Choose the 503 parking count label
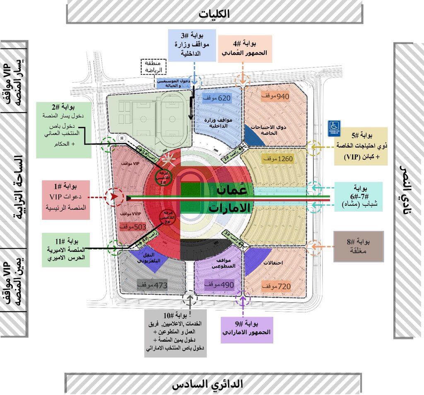132,227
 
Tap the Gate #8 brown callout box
358,246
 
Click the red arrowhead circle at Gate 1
112,197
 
